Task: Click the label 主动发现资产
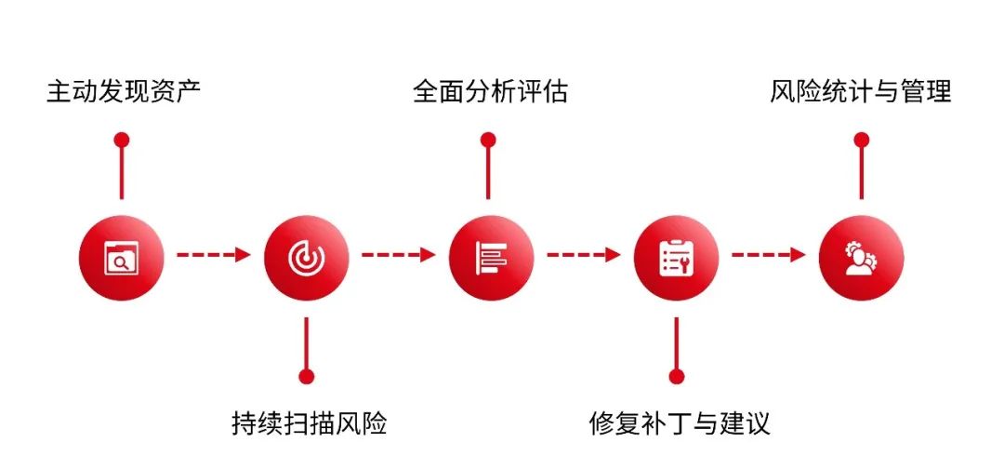tap(124, 90)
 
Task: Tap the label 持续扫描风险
tap(310, 423)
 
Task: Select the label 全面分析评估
tap(490, 91)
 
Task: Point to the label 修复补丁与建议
tap(679, 423)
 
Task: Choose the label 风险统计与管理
tap(860, 91)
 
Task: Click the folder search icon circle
tap(121, 257)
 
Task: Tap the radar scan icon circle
tap(306, 257)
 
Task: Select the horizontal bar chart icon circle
tap(491, 257)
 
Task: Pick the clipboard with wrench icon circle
tap(676, 257)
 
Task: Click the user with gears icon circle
tap(861, 257)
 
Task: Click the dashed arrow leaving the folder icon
tap(213, 255)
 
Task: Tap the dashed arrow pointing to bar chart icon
tap(398, 255)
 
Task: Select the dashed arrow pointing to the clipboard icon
tap(583, 255)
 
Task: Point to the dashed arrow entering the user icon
tap(769, 255)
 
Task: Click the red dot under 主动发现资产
tap(121, 140)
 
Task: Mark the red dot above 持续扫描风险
tap(306, 376)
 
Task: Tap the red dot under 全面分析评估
tap(488, 140)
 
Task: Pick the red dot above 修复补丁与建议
tap(676, 376)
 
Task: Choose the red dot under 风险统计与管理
tap(861, 140)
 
